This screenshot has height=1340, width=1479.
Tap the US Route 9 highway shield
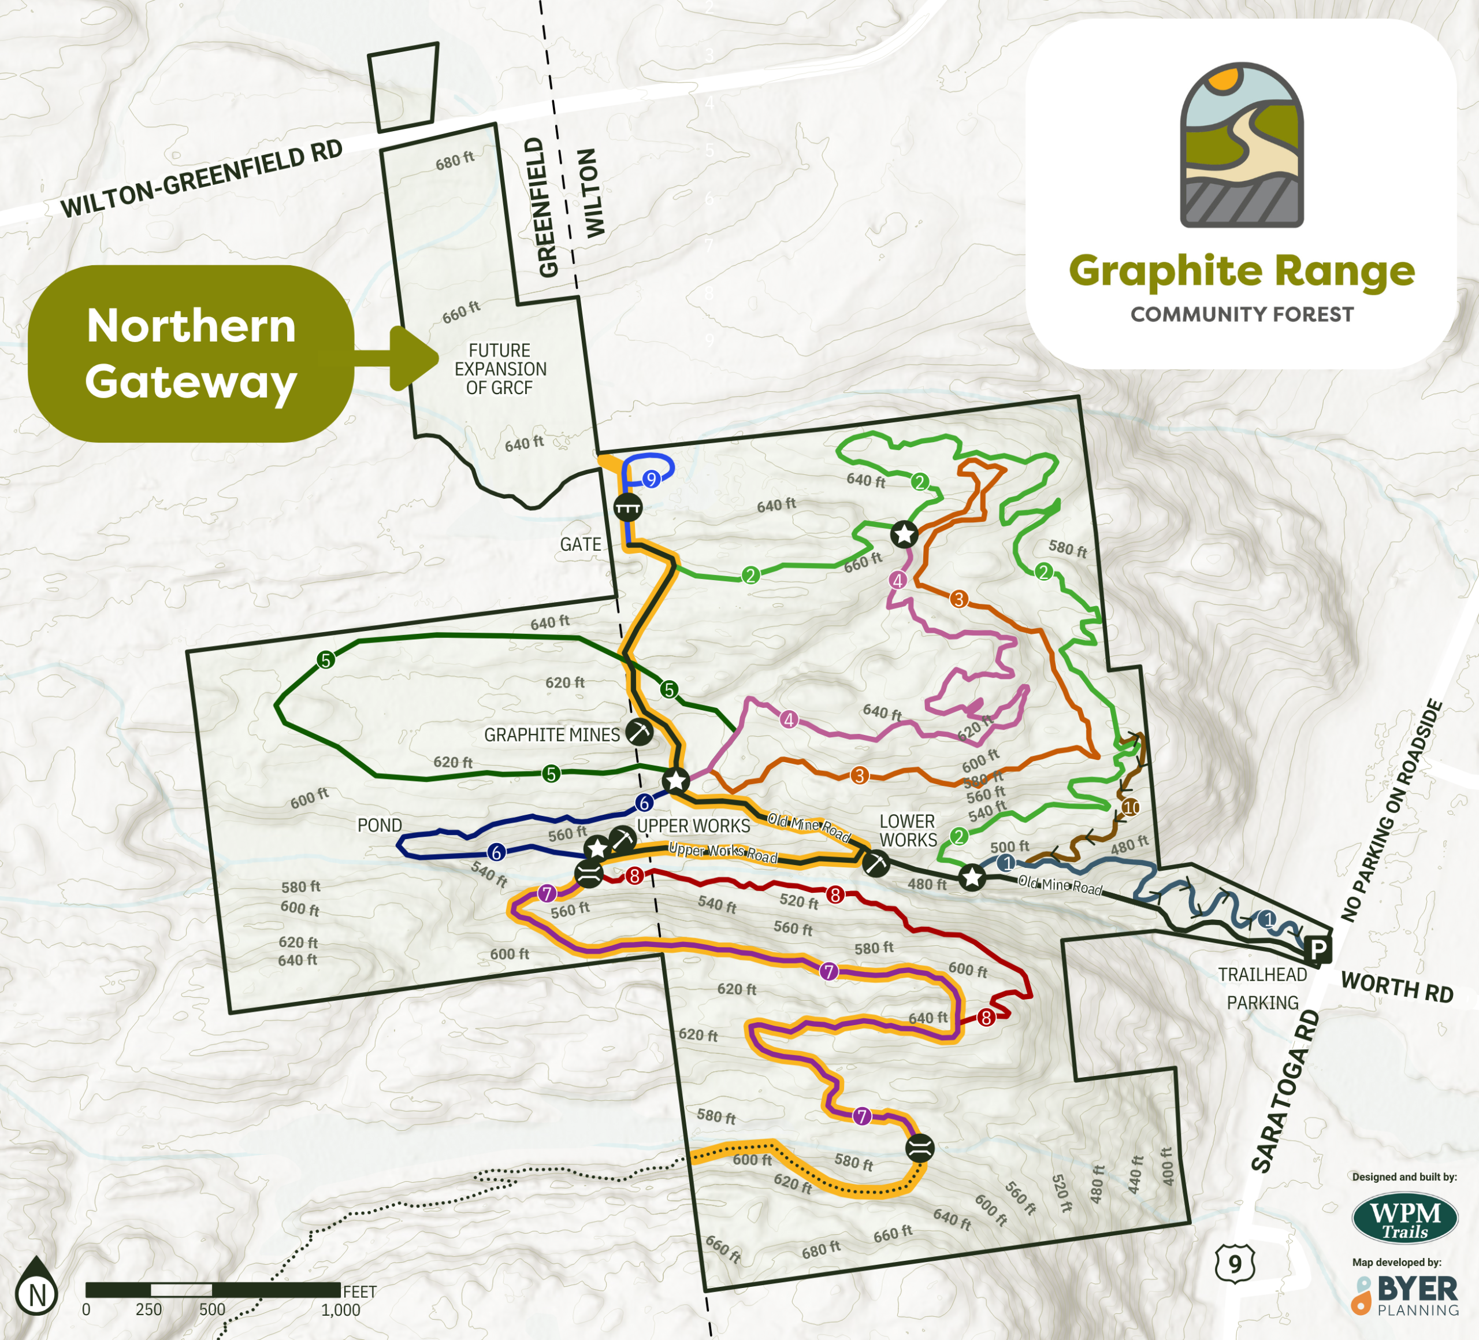tap(1235, 1264)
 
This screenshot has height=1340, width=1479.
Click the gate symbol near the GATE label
tap(628, 507)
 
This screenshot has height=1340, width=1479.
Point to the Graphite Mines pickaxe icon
tap(640, 732)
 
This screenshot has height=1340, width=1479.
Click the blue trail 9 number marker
tap(651, 479)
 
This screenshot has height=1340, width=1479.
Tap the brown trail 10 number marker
tap(1131, 807)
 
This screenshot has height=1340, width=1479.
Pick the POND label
tap(380, 825)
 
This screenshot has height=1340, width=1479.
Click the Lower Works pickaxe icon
tap(875, 863)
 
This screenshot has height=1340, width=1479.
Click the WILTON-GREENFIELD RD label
tap(202, 179)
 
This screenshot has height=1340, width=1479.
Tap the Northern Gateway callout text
tap(191, 353)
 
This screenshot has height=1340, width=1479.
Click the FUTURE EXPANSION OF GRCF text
tap(500, 369)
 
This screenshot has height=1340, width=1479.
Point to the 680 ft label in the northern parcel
tap(455, 161)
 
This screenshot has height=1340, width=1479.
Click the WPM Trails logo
tap(1404, 1219)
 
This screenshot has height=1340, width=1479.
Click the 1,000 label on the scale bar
tap(340, 1310)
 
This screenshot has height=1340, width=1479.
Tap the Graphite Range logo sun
tap(1224, 79)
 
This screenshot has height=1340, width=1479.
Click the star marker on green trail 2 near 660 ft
tap(904, 534)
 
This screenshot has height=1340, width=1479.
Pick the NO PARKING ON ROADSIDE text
tap(1392, 811)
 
